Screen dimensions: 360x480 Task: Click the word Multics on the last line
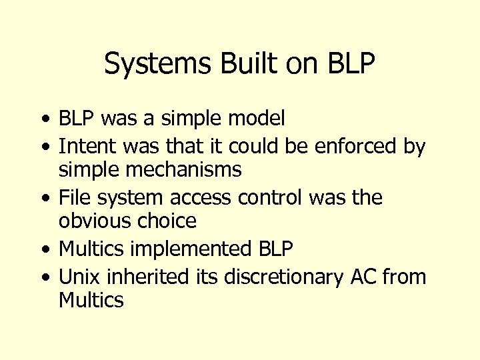pos(91,300)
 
